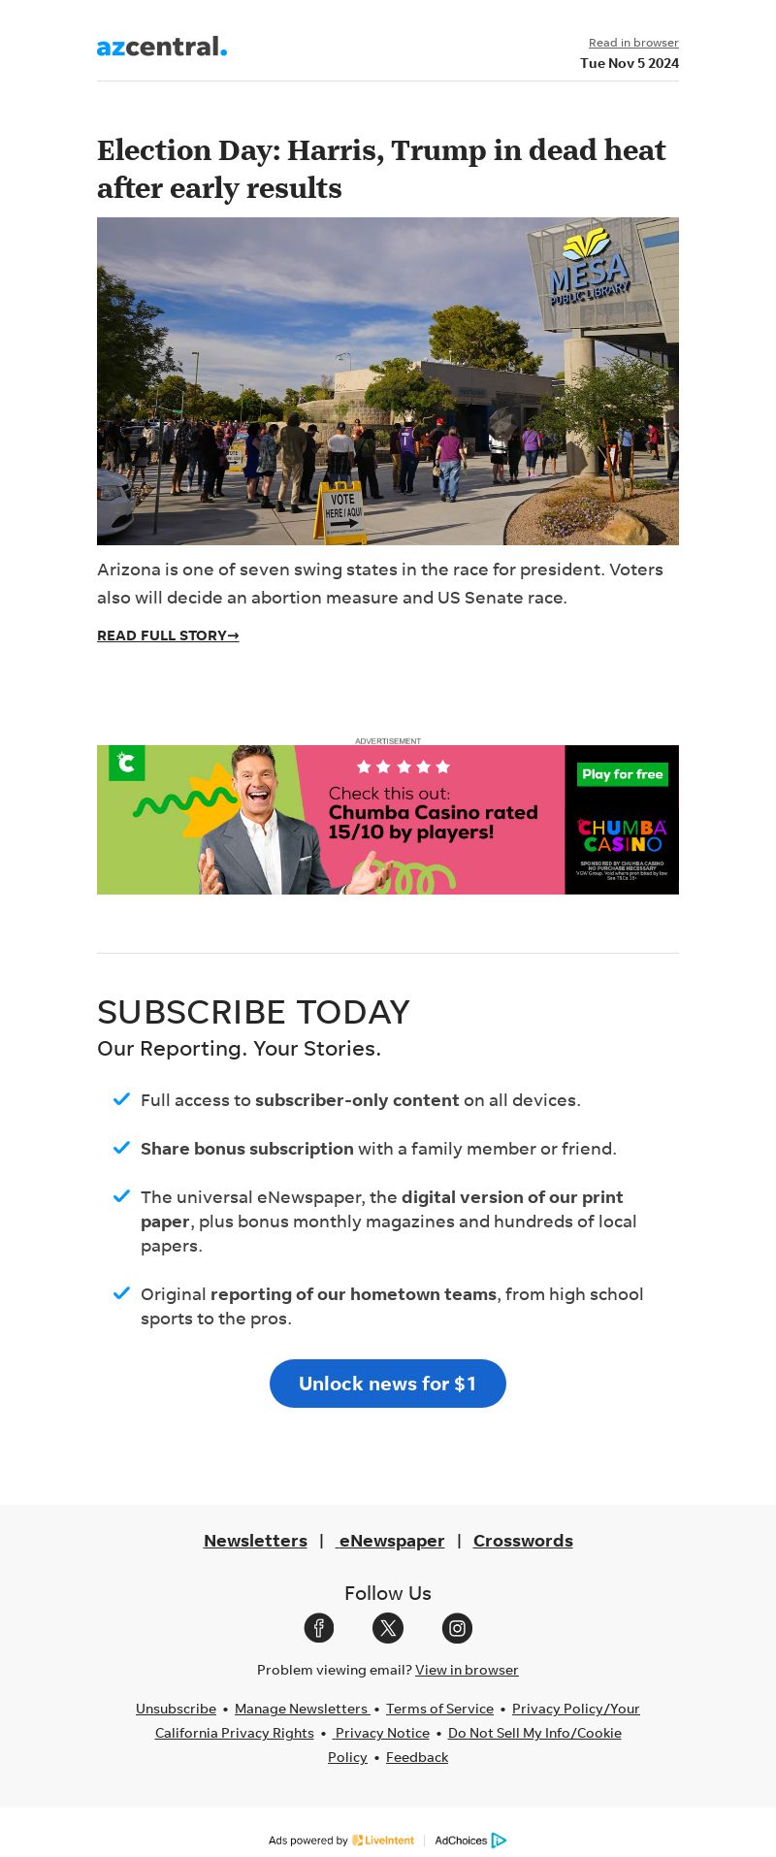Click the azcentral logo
click(x=162, y=46)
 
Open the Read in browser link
click(x=633, y=43)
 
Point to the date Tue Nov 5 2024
click(x=630, y=63)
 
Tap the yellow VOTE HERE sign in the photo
click(x=340, y=510)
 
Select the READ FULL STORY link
click(x=168, y=635)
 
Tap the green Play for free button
click(x=622, y=774)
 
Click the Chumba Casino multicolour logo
click(x=622, y=835)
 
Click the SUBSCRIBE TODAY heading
click(x=253, y=1012)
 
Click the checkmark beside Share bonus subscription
click(x=121, y=1148)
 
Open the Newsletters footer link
click(x=255, y=1541)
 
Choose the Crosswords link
click(x=523, y=1541)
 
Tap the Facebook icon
click(x=319, y=1628)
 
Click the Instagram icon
click(x=457, y=1628)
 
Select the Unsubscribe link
click(x=176, y=1709)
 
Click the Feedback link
click(x=417, y=1757)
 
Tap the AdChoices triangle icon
click(x=499, y=1841)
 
